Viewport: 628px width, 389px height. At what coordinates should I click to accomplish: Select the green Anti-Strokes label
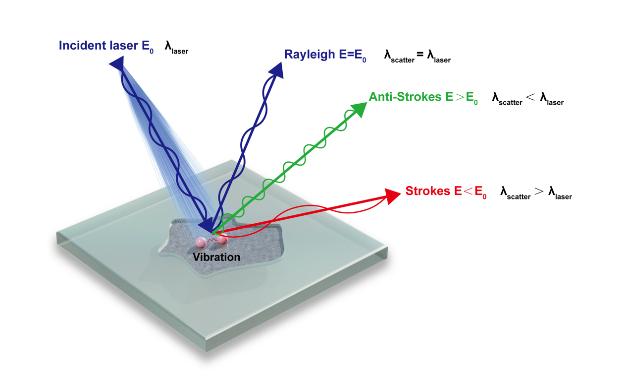(x=405, y=97)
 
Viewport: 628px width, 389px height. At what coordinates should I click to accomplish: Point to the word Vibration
(x=216, y=258)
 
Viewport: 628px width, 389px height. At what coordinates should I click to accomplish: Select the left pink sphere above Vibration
(x=201, y=242)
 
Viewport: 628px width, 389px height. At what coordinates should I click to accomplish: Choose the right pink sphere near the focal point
(x=222, y=240)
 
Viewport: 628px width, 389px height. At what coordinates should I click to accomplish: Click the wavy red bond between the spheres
(x=211, y=241)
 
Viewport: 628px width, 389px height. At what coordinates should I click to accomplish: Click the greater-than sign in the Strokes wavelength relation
(x=539, y=193)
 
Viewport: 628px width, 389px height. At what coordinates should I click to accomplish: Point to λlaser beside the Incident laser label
(x=176, y=48)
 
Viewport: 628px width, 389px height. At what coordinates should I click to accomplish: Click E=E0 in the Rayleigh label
(x=353, y=55)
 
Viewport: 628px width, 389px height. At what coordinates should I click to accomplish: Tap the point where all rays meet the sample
(x=212, y=232)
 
